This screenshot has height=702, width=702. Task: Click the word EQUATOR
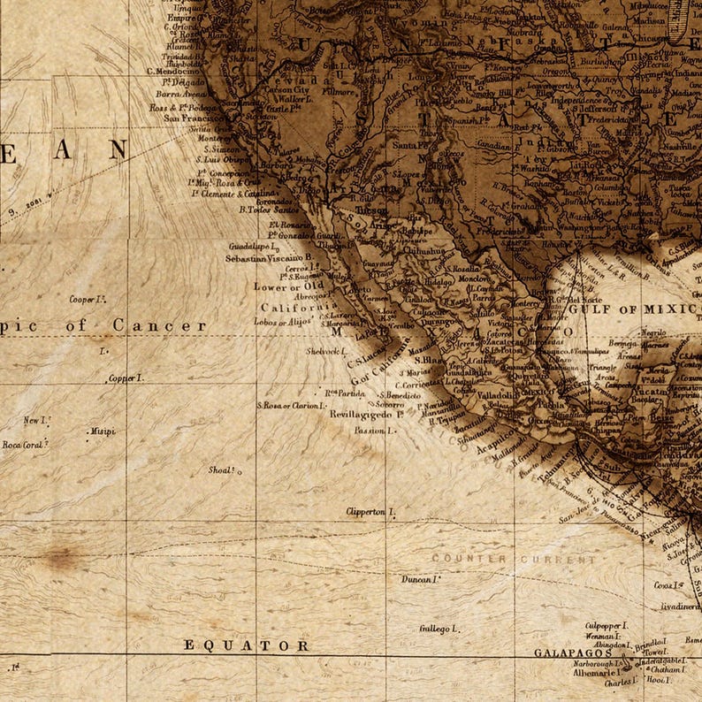tap(246, 645)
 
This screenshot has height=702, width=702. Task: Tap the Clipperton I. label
tap(370, 512)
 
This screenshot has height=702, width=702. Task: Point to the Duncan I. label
tap(420, 579)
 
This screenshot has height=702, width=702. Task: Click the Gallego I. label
tap(439, 629)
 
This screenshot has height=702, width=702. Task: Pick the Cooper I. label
tap(88, 300)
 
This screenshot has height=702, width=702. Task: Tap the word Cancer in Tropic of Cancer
tap(159, 325)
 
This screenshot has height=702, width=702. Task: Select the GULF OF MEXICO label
tap(633, 309)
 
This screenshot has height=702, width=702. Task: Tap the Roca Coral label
tap(23, 445)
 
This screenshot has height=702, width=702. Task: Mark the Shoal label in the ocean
tap(224, 470)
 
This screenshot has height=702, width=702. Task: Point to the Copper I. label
tap(125, 378)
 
